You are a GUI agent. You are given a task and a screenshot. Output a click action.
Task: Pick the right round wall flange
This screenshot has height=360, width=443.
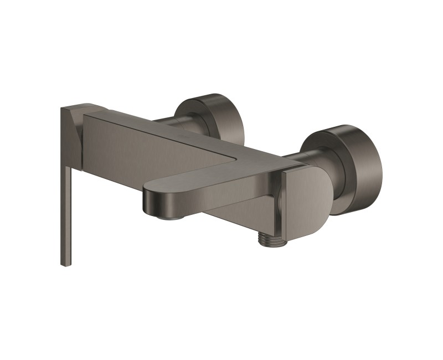point(354,166)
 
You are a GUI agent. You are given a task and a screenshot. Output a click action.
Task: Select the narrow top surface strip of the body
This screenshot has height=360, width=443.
point(166,125)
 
